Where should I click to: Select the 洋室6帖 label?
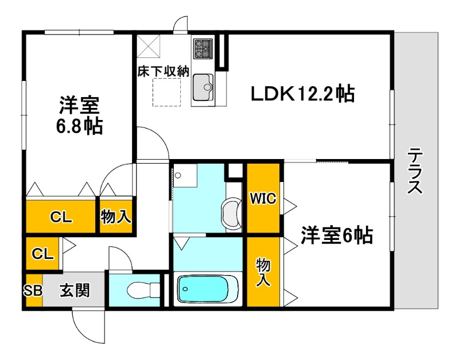(337, 234)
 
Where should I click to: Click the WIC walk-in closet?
(263, 199)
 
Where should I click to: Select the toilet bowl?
(141, 291)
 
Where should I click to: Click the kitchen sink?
(203, 89)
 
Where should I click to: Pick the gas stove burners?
(203, 48)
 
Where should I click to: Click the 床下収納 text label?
(163, 72)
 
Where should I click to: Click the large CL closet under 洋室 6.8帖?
(60, 216)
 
